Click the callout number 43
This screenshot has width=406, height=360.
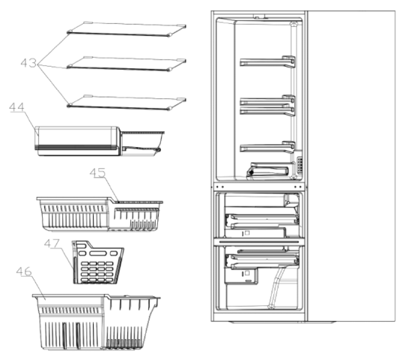[28, 63]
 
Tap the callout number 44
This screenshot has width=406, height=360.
[16, 107]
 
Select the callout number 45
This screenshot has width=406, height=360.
[97, 172]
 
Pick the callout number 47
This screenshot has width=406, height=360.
[52, 243]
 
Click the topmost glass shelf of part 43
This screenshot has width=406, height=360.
[127, 29]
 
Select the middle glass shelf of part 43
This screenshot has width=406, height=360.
[127, 64]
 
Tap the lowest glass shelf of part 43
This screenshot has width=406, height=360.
[127, 103]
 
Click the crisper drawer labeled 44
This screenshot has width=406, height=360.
[100, 141]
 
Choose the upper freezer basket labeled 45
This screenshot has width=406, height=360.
[100, 214]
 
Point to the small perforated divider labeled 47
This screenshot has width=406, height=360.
[98, 262]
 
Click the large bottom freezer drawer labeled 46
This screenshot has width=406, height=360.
[96, 322]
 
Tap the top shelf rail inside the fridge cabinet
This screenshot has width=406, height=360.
[267, 61]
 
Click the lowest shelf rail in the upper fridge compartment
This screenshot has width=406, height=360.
[267, 147]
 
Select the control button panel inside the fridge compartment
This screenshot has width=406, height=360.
[299, 165]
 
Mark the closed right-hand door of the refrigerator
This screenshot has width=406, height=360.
[351, 166]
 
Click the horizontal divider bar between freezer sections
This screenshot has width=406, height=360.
[259, 241]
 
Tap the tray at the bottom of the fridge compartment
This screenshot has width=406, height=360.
[270, 170]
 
